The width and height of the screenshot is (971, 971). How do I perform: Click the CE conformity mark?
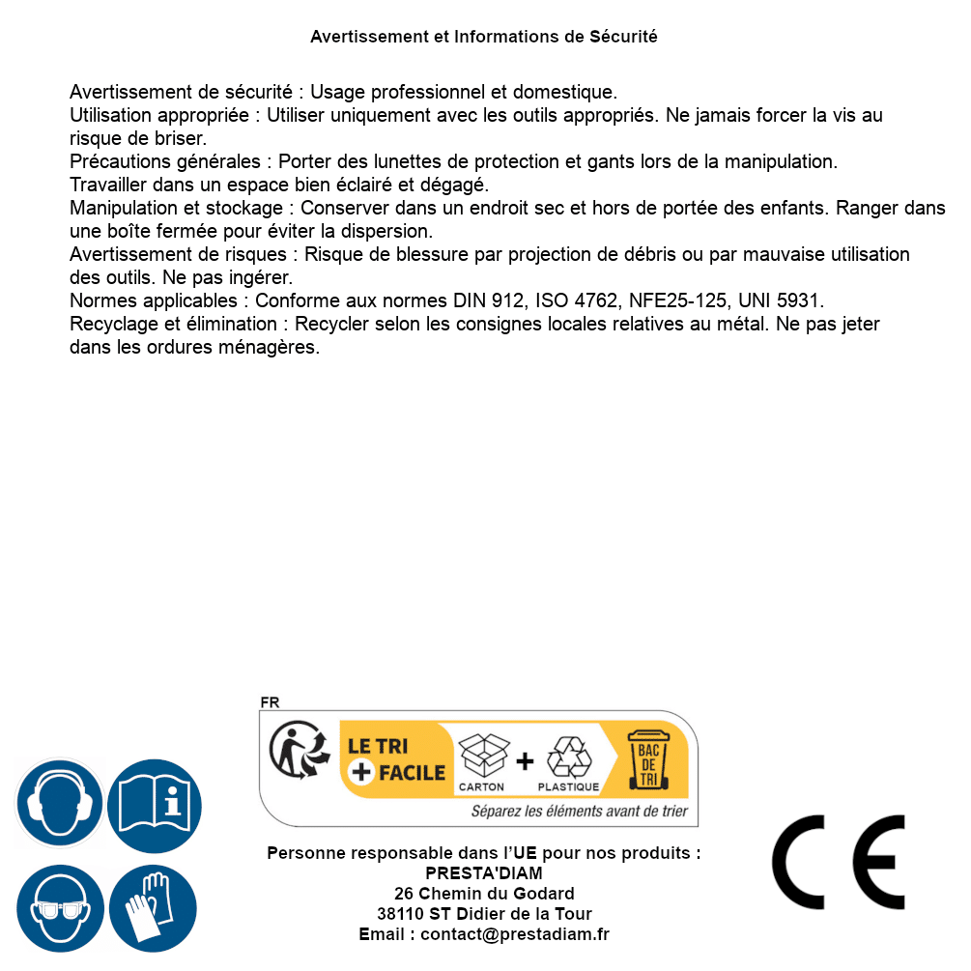click(x=838, y=862)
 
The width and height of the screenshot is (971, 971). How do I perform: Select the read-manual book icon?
click(x=155, y=804)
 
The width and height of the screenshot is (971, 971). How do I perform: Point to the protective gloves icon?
click(x=153, y=908)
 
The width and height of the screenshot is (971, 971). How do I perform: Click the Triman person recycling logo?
click(x=297, y=753)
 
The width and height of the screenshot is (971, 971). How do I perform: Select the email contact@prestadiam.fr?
click(x=515, y=934)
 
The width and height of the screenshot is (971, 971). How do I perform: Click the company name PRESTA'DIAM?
click(x=484, y=873)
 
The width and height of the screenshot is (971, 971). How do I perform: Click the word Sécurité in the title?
click(x=623, y=37)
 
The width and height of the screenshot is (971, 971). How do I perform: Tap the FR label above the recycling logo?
click(x=271, y=702)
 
